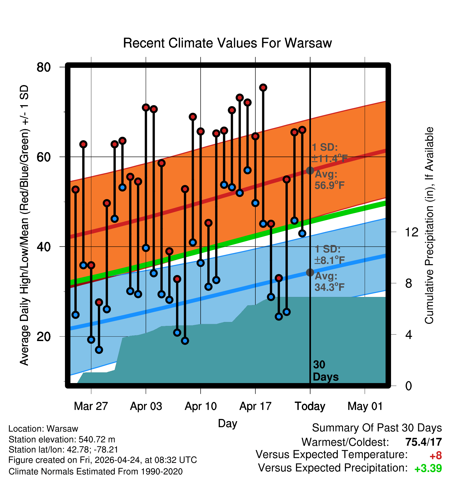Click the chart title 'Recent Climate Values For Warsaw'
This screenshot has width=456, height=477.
227,43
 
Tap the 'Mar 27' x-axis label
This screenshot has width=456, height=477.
91,406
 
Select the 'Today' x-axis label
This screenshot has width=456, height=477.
310,407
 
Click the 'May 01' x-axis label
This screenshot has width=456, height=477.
365,406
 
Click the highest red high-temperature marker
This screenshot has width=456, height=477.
263,87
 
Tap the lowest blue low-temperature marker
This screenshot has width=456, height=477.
99,350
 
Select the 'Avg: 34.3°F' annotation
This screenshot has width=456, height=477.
329,282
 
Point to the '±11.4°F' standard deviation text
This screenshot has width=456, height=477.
330,158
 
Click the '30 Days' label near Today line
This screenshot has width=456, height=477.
325,371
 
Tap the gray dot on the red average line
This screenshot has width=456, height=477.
310,170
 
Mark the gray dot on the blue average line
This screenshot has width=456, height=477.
310,272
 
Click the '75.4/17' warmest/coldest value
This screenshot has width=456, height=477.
424,442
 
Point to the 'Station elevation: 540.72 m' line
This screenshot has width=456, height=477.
62,439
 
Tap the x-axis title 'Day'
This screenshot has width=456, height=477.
227,423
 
